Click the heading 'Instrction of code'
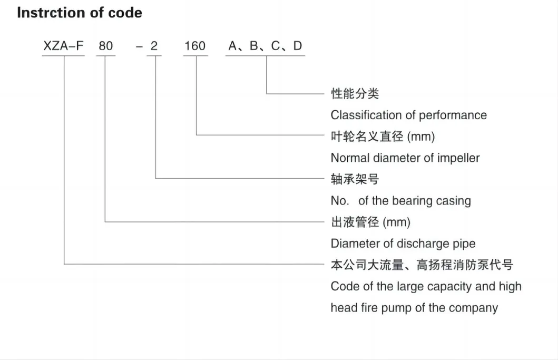coord(80,13)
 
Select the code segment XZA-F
coord(63,46)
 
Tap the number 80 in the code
coord(105,46)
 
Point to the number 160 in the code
coord(195,46)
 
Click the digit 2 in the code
coord(154,46)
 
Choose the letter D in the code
coord(298,46)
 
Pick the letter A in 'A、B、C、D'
coord(233,46)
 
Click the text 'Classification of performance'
coord(408,115)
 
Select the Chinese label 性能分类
coord(355,93)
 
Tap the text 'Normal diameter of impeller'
coord(405,158)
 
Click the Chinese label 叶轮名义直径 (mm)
coord(383,137)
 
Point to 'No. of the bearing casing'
coord(400,201)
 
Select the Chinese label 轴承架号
coord(355,179)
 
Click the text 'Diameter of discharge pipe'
coord(403,244)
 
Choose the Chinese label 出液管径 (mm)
coord(370,222)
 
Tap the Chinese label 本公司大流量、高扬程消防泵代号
coord(422,265)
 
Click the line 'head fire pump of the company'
coord(414,308)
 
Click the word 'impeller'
coord(458,158)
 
